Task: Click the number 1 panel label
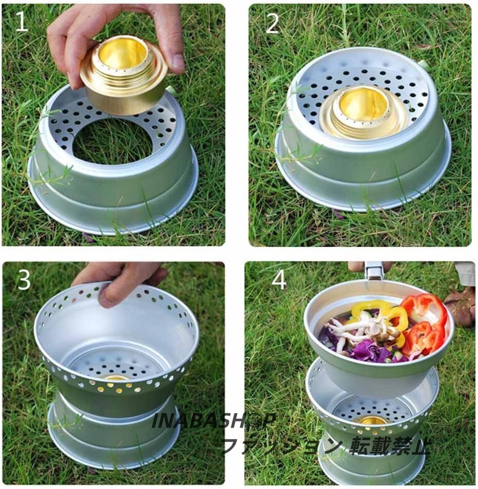point(22,21)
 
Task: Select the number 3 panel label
point(24,279)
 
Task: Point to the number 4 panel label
point(278,279)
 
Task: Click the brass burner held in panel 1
point(124,75)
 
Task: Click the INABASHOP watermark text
point(214,421)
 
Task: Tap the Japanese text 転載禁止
point(390,446)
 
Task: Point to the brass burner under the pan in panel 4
point(370,420)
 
